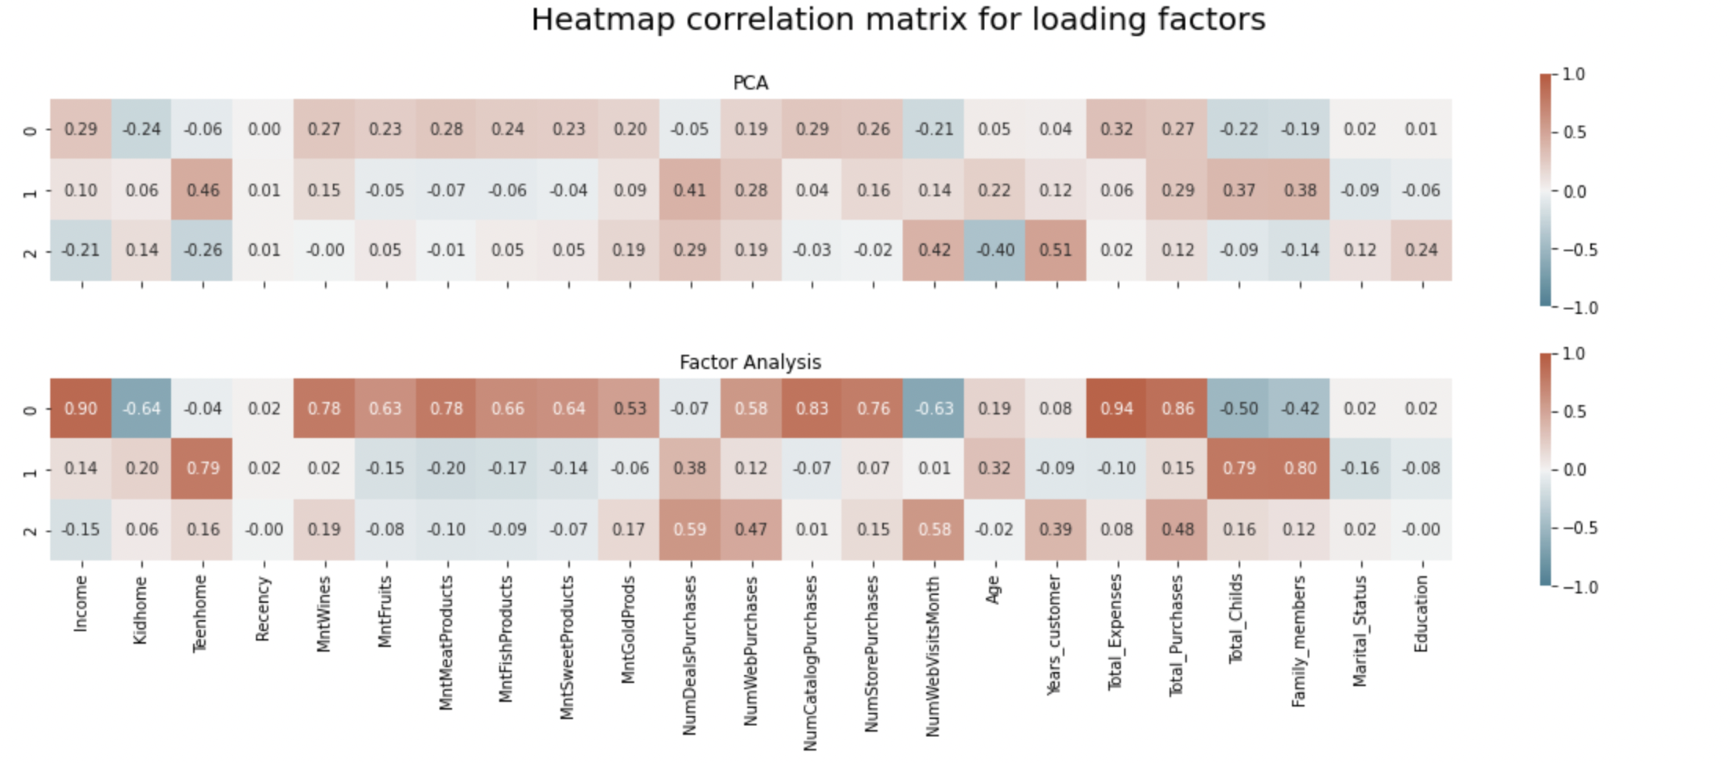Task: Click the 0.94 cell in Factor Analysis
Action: click(x=1116, y=409)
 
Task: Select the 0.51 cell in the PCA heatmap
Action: click(x=1055, y=250)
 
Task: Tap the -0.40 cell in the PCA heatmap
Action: click(x=995, y=250)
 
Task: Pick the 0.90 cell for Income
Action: click(x=81, y=409)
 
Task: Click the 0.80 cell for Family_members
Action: click(x=1299, y=469)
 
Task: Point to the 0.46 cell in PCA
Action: click(x=203, y=190)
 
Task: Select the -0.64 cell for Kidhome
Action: click(x=141, y=409)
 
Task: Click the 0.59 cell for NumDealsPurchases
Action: click(x=690, y=530)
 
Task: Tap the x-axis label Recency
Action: click(x=263, y=610)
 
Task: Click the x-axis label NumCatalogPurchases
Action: click(x=811, y=663)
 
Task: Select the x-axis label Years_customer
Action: click(x=1054, y=634)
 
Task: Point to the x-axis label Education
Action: click(x=1421, y=614)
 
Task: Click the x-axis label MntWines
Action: click(x=324, y=614)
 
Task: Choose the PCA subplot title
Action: click(x=750, y=83)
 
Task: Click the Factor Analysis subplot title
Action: click(x=750, y=363)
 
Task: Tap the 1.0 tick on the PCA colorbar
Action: click(x=1573, y=75)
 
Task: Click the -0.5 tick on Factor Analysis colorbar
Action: click(x=1579, y=528)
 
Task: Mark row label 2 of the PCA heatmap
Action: click(x=31, y=251)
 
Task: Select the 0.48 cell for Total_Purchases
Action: click(x=1177, y=530)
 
